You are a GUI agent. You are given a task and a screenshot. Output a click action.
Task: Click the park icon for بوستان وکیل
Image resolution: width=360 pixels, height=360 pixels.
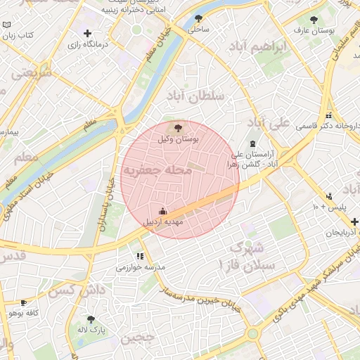[177, 127]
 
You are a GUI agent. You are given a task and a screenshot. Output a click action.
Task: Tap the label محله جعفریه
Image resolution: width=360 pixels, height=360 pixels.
[157, 171]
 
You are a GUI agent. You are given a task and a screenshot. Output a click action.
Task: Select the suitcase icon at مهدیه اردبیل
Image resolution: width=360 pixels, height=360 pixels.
[163, 210]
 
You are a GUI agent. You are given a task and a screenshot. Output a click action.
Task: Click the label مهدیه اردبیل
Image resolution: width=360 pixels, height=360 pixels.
[163, 221]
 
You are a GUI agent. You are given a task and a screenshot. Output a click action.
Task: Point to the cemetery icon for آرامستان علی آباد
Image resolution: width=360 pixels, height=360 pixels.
[253, 143]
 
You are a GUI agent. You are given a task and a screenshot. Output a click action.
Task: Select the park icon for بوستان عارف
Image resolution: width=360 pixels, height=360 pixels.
[314, 20]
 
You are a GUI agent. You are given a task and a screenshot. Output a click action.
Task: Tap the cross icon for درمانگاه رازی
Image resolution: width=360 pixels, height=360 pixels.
[87, 33]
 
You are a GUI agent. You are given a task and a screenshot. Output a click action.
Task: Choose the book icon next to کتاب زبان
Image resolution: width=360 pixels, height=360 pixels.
[7, 25]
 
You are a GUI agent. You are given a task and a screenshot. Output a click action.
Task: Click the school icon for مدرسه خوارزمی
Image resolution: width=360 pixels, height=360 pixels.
[140, 257]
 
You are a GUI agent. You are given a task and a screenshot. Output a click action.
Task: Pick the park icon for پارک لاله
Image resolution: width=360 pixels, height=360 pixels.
[90, 319]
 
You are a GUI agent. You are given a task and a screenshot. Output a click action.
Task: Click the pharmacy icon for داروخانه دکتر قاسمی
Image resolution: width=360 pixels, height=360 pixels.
[328, 116]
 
